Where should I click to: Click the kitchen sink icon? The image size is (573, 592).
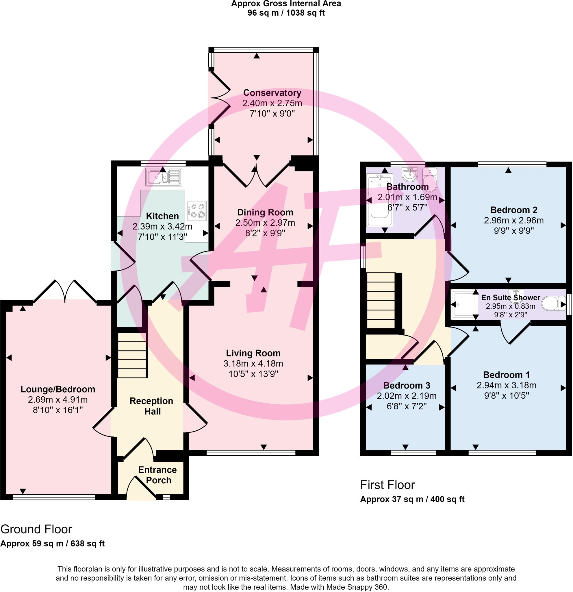point(164,177)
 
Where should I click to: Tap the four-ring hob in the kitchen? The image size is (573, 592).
point(197,210)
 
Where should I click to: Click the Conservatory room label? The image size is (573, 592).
point(272,93)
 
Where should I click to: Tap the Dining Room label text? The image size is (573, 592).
point(265,212)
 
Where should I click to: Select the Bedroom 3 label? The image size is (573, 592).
point(406,385)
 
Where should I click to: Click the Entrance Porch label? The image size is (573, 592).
point(157,475)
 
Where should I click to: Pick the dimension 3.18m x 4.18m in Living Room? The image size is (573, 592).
point(253,363)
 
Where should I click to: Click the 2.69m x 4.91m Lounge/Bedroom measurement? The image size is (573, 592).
point(58,399)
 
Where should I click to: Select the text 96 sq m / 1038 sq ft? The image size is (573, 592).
point(286,13)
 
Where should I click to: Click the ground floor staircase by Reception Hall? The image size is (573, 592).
point(132,355)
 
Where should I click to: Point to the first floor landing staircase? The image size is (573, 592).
point(381,301)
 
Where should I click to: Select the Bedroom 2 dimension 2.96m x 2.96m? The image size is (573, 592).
point(513,221)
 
